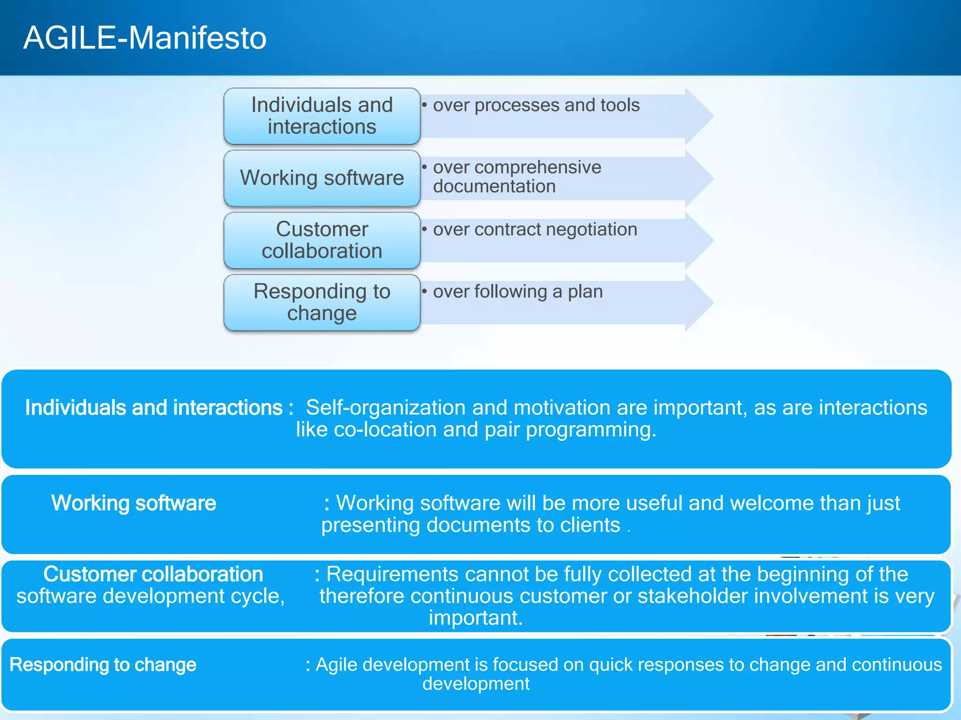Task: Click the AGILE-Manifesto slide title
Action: [145, 37]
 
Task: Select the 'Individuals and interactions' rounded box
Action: [322, 116]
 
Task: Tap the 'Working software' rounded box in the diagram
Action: [322, 178]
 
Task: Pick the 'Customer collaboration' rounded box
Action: [322, 240]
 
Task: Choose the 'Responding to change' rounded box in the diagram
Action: [322, 302]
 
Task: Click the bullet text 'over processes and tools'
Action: [536, 105]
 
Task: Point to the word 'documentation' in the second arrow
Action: [494, 187]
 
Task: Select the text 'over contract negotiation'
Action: [535, 229]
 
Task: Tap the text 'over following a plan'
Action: [518, 292]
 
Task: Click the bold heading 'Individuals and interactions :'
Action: [159, 407]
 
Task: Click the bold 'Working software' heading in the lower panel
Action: [134, 503]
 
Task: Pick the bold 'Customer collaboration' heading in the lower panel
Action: [153, 574]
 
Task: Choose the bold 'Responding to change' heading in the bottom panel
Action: [103, 665]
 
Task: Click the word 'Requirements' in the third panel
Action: [392, 574]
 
